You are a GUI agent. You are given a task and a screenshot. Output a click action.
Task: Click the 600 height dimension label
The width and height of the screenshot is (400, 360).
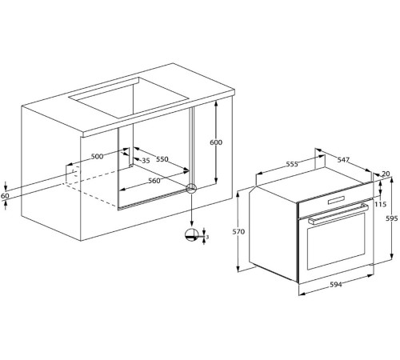215,142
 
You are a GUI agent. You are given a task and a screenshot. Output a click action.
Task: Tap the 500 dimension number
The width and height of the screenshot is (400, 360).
98,157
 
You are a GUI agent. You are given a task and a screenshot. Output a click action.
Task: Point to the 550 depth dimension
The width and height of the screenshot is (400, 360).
162,159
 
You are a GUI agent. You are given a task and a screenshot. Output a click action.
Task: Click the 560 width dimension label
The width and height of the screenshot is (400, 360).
154,181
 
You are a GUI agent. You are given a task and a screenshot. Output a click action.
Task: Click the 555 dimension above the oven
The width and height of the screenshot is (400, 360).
292,164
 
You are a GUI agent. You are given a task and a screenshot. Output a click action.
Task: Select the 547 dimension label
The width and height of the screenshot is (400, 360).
342,160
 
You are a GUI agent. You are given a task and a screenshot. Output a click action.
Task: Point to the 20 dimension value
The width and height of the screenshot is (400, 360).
386,174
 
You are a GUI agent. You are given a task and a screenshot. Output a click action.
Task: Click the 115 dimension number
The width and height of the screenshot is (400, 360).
381,205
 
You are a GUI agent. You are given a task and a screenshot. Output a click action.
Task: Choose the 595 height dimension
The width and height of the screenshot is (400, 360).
390,218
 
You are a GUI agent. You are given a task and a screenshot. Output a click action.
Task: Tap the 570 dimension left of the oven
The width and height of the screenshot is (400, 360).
238,232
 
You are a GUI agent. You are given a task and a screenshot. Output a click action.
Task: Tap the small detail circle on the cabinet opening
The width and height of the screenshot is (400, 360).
191,189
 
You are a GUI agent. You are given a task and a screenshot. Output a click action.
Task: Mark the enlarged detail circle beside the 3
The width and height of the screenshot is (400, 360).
191,234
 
